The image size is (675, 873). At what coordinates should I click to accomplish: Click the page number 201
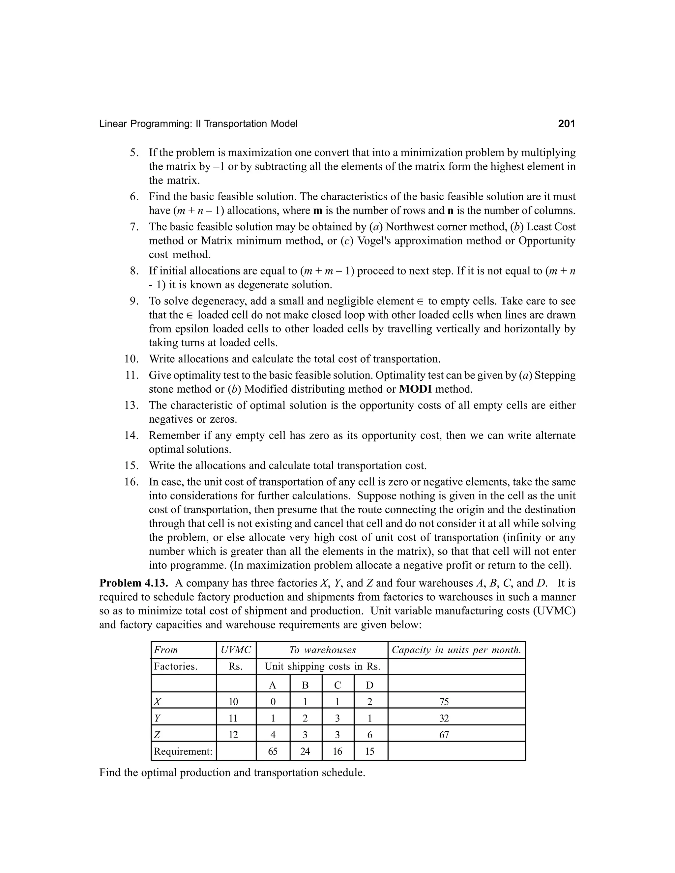click(566, 124)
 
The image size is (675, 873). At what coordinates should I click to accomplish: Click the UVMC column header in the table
click(236, 650)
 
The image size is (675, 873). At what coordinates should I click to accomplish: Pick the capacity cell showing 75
click(444, 701)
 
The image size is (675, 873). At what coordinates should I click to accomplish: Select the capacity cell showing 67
click(444, 735)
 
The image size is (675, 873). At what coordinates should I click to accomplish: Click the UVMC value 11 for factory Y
click(233, 718)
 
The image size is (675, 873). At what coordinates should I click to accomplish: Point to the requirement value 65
click(273, 751)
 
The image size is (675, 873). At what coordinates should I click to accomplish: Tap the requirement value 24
click(305, 751)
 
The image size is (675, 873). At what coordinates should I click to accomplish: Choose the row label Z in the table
click(157, 735)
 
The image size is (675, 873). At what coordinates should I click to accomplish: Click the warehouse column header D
click(370, 685)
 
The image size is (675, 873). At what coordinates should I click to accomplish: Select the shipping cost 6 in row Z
click(370, 735)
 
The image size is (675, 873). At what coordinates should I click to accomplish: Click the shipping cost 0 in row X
click(273, 701)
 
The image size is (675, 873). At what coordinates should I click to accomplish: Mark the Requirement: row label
click(183, 751)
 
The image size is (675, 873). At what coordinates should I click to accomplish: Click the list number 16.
click(131, 482)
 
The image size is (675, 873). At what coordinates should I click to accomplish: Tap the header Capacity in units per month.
click(456, 650)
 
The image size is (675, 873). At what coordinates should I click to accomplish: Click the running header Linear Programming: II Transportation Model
click(198, 124)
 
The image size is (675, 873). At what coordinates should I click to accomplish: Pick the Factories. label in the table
click(176, 666)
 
